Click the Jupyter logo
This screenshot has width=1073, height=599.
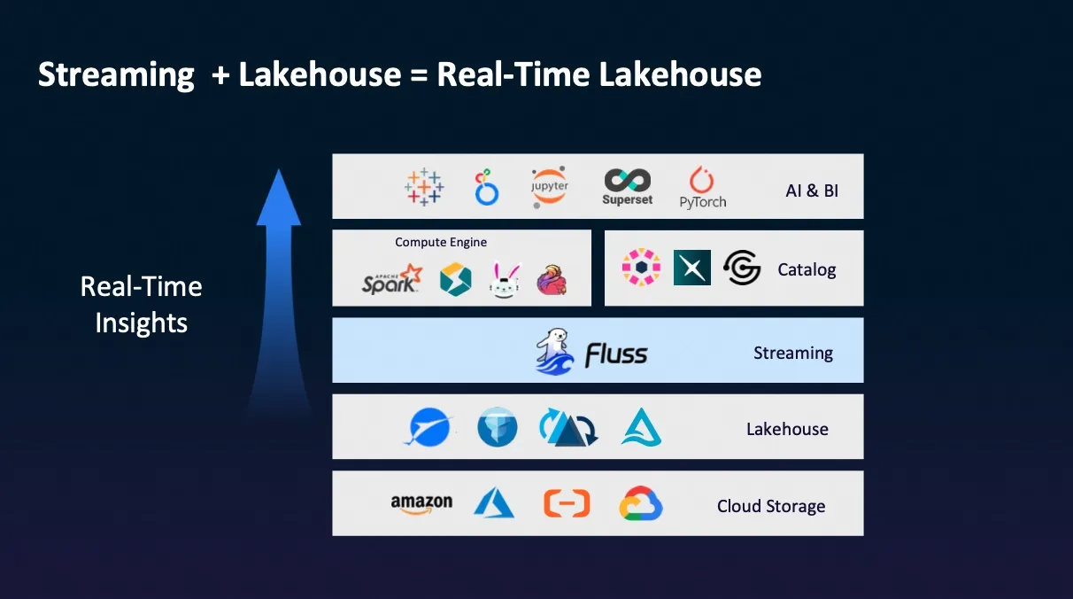550,187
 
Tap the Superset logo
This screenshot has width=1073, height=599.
627,187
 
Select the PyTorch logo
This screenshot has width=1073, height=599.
703,188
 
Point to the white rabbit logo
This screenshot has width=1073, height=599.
505,280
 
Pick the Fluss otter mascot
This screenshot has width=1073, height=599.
554,351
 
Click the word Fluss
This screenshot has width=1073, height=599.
616,355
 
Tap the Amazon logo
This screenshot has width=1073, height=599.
421,504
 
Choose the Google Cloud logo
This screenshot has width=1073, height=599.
640,503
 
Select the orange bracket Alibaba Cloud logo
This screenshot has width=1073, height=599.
567,503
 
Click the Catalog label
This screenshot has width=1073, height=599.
807,270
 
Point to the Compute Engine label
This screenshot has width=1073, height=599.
441,242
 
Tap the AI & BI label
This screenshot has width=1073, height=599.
812,191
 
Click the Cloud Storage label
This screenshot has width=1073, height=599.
771,506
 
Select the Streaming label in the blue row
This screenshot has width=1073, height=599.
793,353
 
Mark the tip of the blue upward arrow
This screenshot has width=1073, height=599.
279,169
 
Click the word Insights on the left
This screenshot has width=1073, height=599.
142,323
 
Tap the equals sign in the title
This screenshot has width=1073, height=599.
419,75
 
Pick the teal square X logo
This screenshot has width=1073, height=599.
692,268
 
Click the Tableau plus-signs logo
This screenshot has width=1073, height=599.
424,187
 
